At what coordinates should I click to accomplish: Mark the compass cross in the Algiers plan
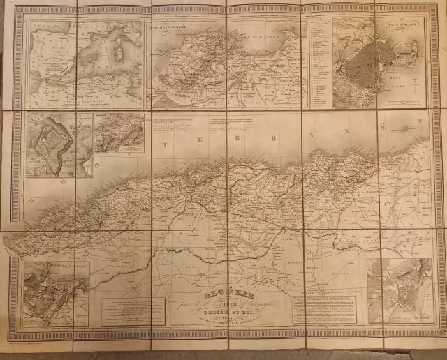[x=412, y=89]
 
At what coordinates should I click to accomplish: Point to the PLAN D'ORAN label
[x=66, y=266]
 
